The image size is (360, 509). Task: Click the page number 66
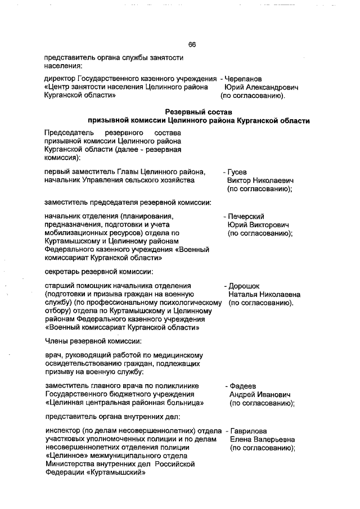tap(192, 44)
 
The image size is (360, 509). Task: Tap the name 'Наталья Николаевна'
tap(264, 294)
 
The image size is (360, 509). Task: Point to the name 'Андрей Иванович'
tap(259, 394)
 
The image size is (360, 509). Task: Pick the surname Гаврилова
tap(249, 430)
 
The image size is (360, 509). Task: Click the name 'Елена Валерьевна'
tap(263, 439)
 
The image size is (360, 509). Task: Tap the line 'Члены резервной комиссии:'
tap(85, 341)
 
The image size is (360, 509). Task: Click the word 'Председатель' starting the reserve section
tap(66, 132)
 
